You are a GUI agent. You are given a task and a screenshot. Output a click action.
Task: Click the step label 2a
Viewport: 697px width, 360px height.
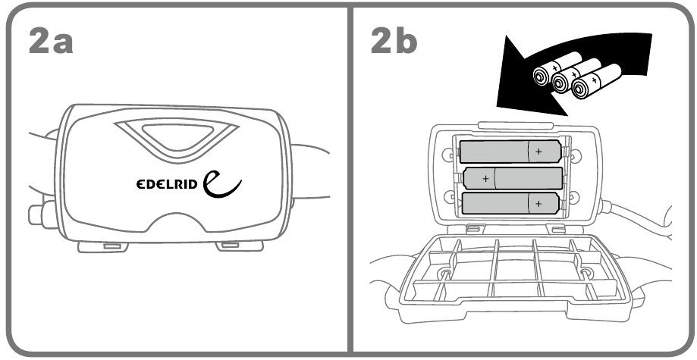click(x=51, y=41)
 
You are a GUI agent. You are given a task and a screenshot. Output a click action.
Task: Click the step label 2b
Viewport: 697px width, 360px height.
click(x=394, y=40)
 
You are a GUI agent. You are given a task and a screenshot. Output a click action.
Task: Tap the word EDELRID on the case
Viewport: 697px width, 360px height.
click(x=167, y=183)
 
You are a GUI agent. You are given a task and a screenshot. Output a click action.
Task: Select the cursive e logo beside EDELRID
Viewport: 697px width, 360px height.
click(x=221, y=183)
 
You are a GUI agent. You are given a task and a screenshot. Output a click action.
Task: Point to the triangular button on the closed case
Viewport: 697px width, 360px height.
click(x=177, y=139)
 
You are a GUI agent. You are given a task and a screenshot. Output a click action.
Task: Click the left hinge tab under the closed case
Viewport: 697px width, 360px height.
click(x=103, y=246)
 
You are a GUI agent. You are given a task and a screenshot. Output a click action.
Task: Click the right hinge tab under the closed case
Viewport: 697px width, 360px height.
click(x=240, y=246)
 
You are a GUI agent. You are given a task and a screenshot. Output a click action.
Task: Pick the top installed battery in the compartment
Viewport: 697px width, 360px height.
click(x=510, y=152)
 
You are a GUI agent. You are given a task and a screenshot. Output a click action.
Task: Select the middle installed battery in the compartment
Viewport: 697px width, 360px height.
click(x=513, y=178)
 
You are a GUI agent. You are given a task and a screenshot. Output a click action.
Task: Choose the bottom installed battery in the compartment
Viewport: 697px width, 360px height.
click(x=510, y=204)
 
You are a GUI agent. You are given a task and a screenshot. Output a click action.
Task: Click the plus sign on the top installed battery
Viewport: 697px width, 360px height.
click(x=538, y=152)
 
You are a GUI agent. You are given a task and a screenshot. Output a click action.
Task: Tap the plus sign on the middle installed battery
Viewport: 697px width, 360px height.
click(x=486, y=179)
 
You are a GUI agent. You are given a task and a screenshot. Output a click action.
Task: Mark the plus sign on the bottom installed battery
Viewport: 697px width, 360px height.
click(x=538, y=204)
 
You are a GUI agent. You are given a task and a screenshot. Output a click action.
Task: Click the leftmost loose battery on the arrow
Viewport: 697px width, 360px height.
click(x=557, y=68)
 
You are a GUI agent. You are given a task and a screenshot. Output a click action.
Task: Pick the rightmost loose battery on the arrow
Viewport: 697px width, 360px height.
click(x=597, y=81)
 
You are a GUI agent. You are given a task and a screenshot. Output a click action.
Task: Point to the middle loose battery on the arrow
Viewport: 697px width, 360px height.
click(x=576, y=76)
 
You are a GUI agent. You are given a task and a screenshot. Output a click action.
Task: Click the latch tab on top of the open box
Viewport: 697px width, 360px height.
click(x=515, y=125)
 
